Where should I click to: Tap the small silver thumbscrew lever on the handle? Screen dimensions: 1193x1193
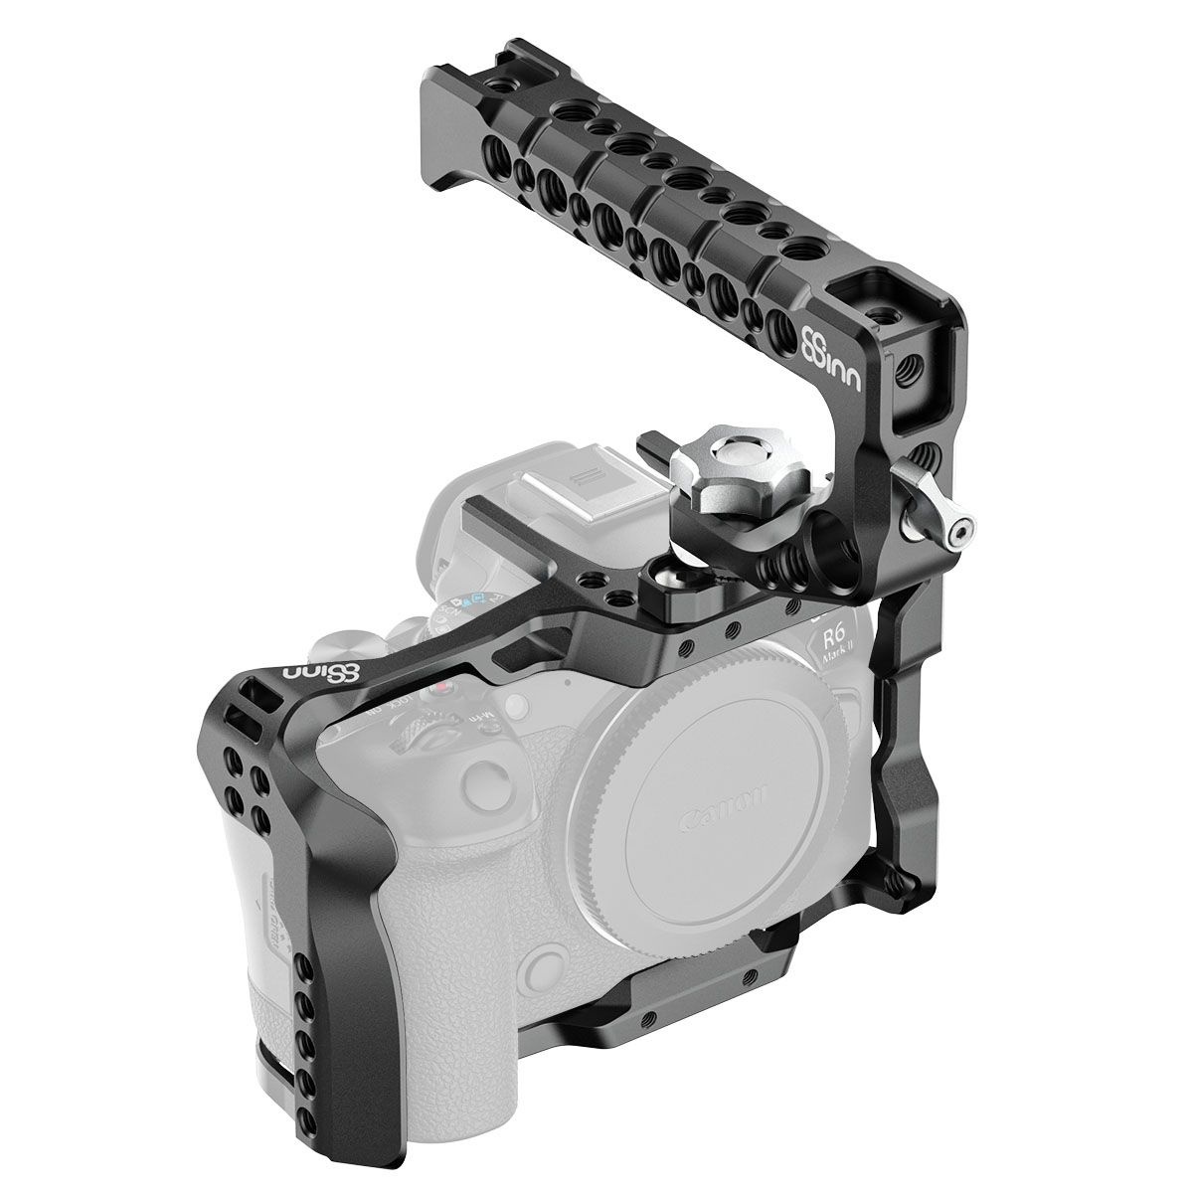click(x=949, y=532)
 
